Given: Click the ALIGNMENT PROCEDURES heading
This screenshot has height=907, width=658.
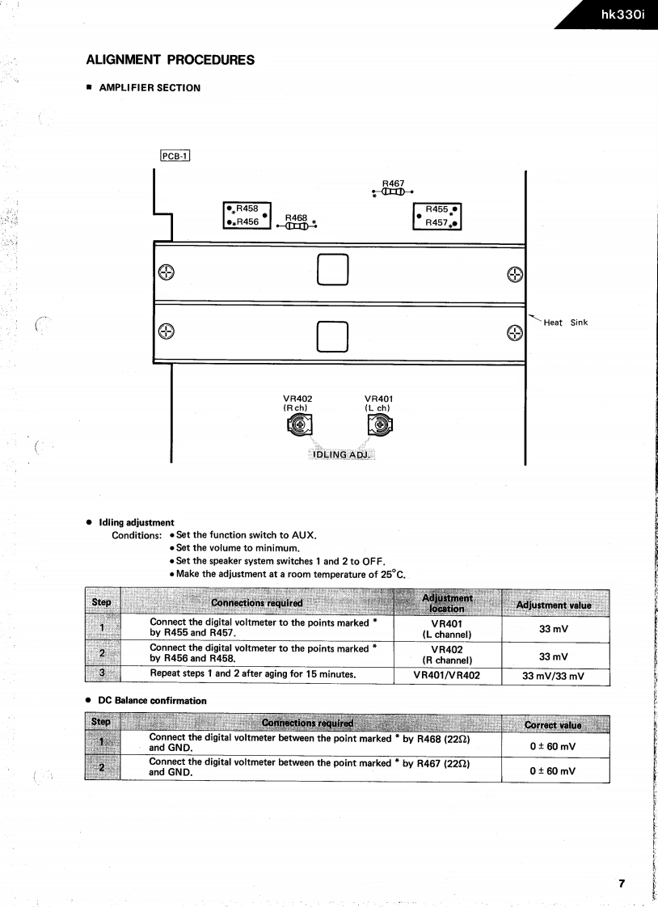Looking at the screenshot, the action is tap(170, 60).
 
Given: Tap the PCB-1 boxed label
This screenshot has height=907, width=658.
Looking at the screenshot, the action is tap(175, 157).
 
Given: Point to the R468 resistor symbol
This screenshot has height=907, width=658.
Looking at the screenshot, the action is tap(297, 226).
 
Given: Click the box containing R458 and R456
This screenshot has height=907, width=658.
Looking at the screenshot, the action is tap(247, 215).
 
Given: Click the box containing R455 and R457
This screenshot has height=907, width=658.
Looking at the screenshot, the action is tap(437, 216).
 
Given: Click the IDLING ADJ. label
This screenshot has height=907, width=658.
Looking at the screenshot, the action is tap(340, 454).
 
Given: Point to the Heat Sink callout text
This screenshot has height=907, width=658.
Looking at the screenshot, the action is tap(565, 323).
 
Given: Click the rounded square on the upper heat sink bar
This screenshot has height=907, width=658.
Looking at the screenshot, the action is tap(333, 270).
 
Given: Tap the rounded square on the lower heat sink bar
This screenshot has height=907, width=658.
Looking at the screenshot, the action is tap(333, 336).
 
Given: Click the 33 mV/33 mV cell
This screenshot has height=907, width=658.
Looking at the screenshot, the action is tap(554, 676).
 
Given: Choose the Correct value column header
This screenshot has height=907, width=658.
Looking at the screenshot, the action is tap(553, 725).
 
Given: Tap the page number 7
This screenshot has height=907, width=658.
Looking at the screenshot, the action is tap(622, 883).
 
